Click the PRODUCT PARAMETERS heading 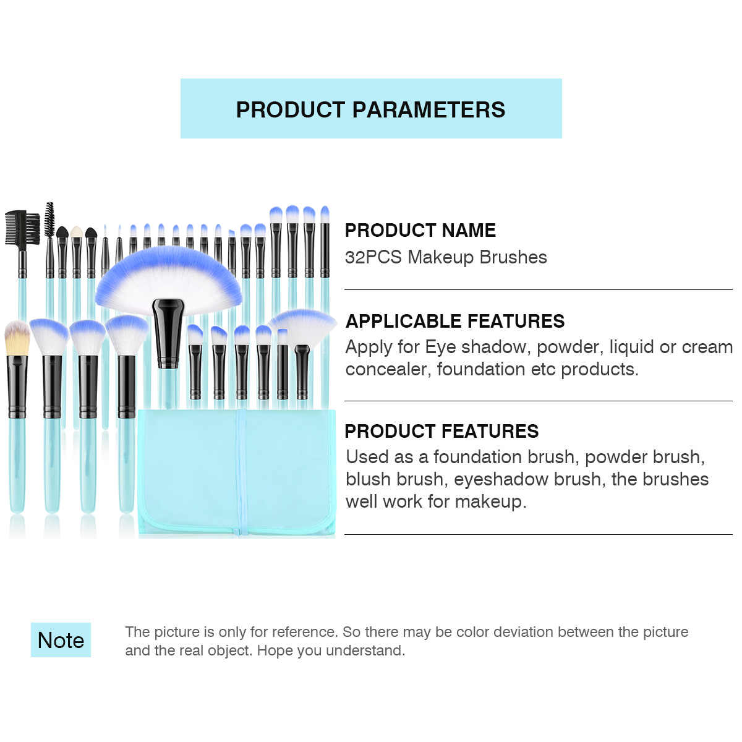(x=370, y=109)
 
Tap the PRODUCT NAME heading (x=420, y=230)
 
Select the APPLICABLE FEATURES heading (x=454, y=321)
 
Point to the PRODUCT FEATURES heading (x=441, y=431)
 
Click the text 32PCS (x=373, y=257)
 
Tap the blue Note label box (x=61, y=641)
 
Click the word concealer (x=388, y=370)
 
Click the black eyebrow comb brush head (x=22, y=228)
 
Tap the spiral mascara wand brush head (x=49, y=220)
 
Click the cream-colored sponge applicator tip (x=76, y=231)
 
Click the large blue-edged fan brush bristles (x=168, y=279)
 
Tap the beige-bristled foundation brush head (x=17, y=338)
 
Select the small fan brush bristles (x=303, y=326)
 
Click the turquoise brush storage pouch (x=236, y=473)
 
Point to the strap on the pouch (x=241, y=473)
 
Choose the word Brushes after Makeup (x=513, y=257)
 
